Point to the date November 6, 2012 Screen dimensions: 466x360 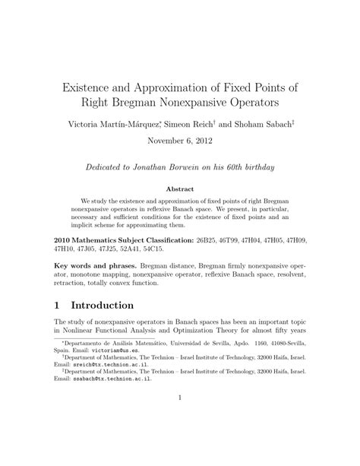click(x=179, y=141)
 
